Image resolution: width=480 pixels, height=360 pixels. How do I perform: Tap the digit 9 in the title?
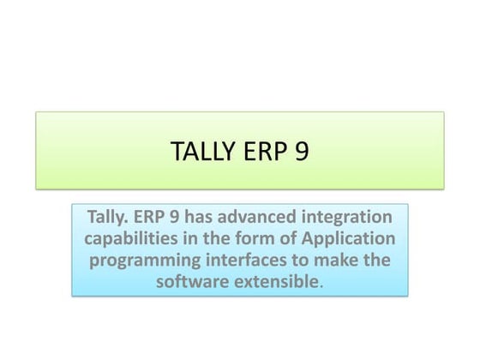pyautogui.click(x=300, y=152)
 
